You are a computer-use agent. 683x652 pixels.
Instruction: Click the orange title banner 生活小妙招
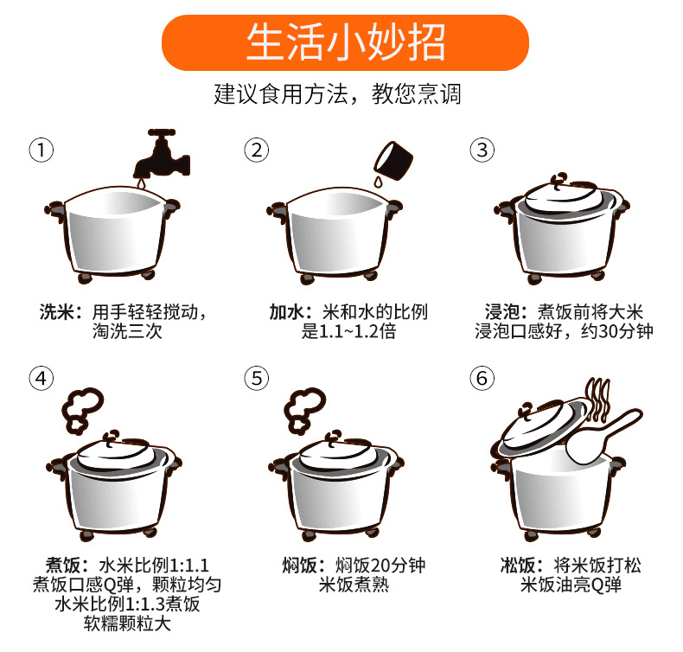345,42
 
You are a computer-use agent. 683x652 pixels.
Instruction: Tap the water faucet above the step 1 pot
162,154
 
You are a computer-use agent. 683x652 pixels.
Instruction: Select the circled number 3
482,150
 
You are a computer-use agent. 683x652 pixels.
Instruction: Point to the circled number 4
41,378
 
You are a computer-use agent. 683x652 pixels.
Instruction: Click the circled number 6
482,378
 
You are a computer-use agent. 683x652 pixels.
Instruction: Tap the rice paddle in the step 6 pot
603,437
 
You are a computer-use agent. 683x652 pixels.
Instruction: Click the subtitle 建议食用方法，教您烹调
337,94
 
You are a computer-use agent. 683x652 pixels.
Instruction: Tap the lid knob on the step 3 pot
559,180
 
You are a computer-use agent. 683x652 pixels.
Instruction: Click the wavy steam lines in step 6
597,399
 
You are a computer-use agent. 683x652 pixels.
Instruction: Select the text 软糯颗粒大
127,623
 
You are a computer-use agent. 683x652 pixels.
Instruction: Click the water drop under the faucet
141,185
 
